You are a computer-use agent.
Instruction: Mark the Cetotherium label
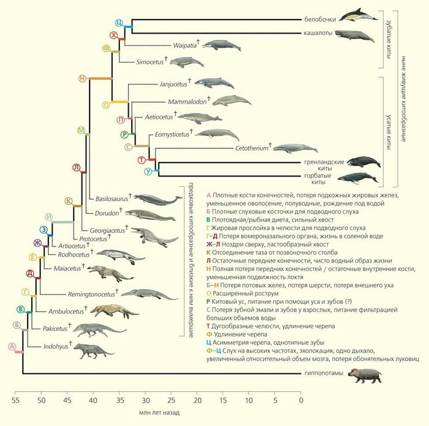[x=251, y=148]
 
